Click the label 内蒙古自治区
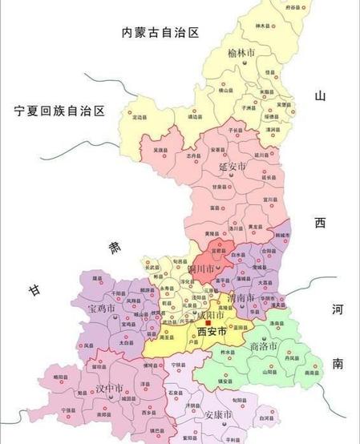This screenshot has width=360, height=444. (160, 32)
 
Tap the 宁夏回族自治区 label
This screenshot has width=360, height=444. (54, 111)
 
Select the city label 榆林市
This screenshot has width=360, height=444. (241, 53)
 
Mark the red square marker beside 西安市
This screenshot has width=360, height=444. (195, 324)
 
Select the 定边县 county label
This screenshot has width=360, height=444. (143, 117)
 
